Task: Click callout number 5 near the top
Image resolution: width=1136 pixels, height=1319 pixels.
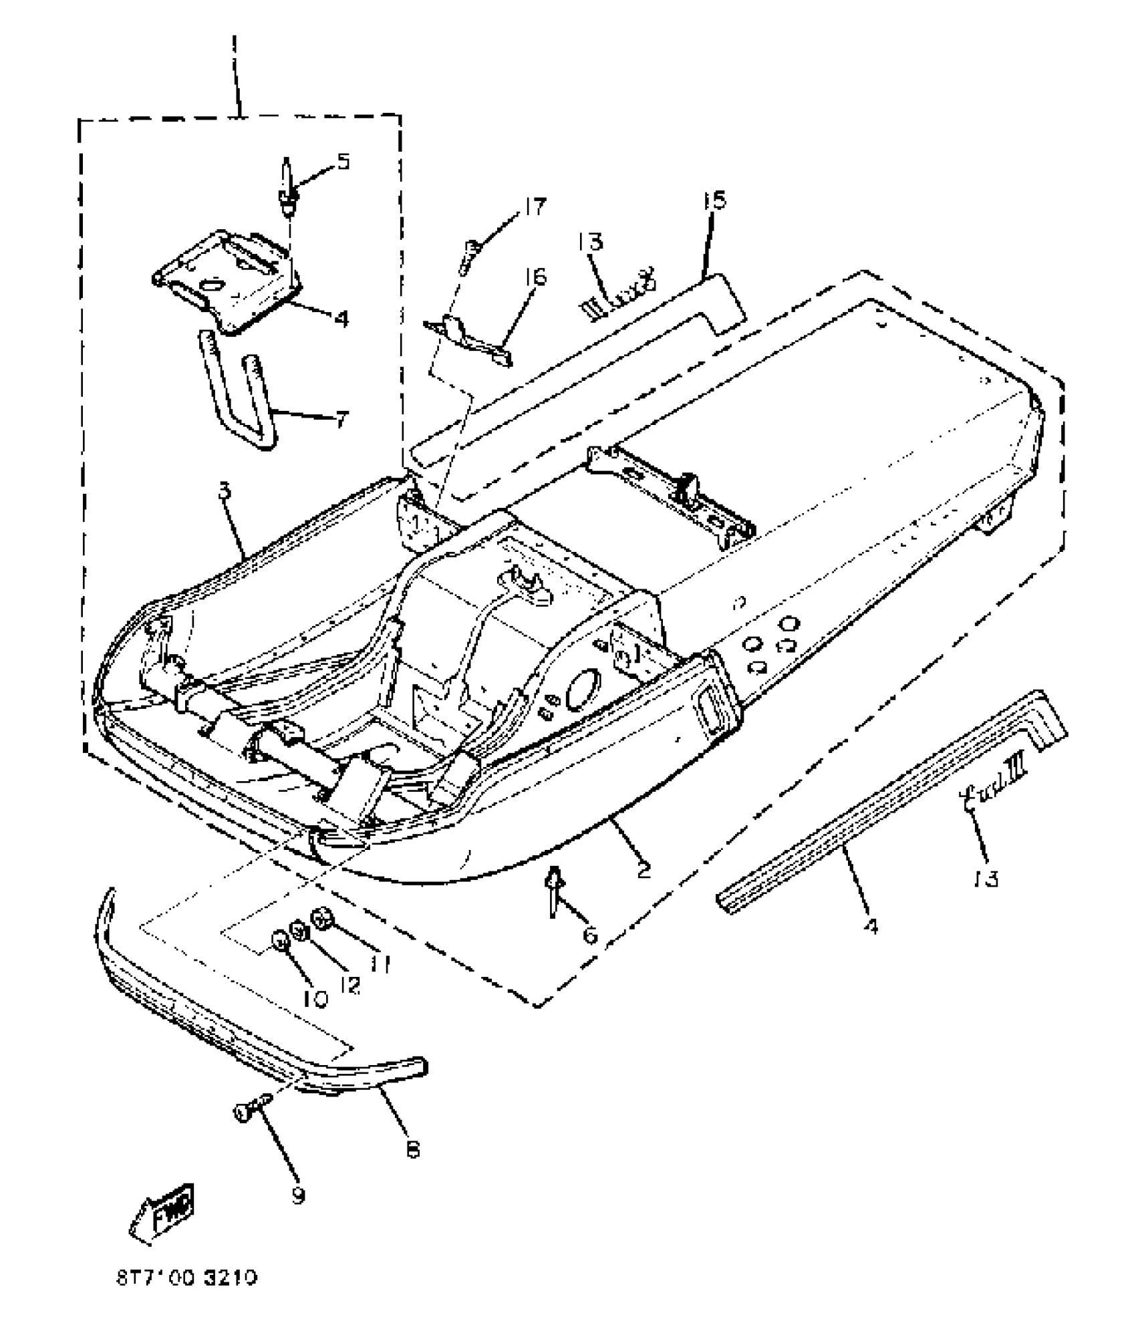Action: point(343,162)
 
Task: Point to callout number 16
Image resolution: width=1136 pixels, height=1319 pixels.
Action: point(536,276)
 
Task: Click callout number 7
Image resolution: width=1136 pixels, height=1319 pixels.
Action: point(340,420)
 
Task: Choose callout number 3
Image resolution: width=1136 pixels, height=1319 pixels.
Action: point(225,490)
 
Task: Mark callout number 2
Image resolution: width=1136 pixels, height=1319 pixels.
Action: point(643,870)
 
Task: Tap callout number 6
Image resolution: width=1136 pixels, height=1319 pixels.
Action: point(589,935)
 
